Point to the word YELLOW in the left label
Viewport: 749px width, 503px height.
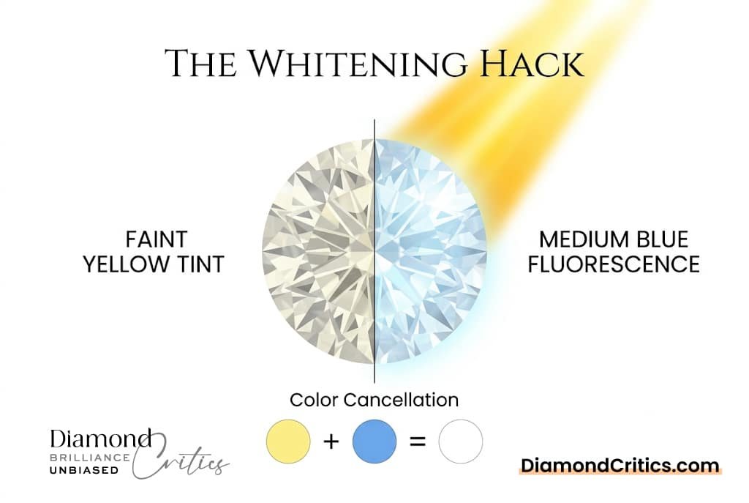127,264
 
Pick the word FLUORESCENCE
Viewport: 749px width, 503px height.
614,264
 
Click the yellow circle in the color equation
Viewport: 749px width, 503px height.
289,441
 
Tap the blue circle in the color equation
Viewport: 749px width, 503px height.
374,441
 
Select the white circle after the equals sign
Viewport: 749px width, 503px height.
460,441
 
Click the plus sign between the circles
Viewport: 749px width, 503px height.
331,442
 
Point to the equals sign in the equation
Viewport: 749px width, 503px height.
418,442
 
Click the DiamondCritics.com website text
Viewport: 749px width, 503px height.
620,465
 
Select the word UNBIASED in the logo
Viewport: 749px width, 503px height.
84,470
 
